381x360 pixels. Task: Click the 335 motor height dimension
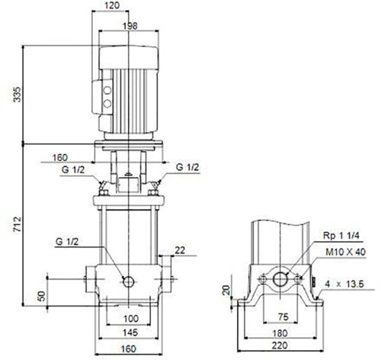point(18,95)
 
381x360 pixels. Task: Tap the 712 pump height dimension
point(18,224)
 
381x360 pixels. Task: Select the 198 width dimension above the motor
point(130,26)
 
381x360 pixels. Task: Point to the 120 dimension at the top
point(112,5)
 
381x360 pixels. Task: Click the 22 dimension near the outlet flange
point(180,250)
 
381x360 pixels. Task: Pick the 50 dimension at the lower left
point(42,296)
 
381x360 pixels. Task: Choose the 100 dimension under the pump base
point(131,319)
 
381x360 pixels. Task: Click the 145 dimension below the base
point(130,333)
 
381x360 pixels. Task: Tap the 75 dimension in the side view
point(283,317)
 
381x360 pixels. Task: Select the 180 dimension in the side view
point(280,333)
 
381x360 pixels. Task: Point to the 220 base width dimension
point(280,346)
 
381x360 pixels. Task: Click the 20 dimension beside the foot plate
point(226,290)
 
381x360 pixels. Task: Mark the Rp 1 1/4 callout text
point(341,236)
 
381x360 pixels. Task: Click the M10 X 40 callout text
point(346,252)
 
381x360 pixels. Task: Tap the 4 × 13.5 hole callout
point(344,284)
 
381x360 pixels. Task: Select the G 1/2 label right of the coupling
point(187,167)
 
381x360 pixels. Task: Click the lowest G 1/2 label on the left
point(67,242)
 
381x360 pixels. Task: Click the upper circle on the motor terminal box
point(107,90)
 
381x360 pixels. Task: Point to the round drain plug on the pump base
point(129,281)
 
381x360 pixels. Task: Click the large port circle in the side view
point(280,279)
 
